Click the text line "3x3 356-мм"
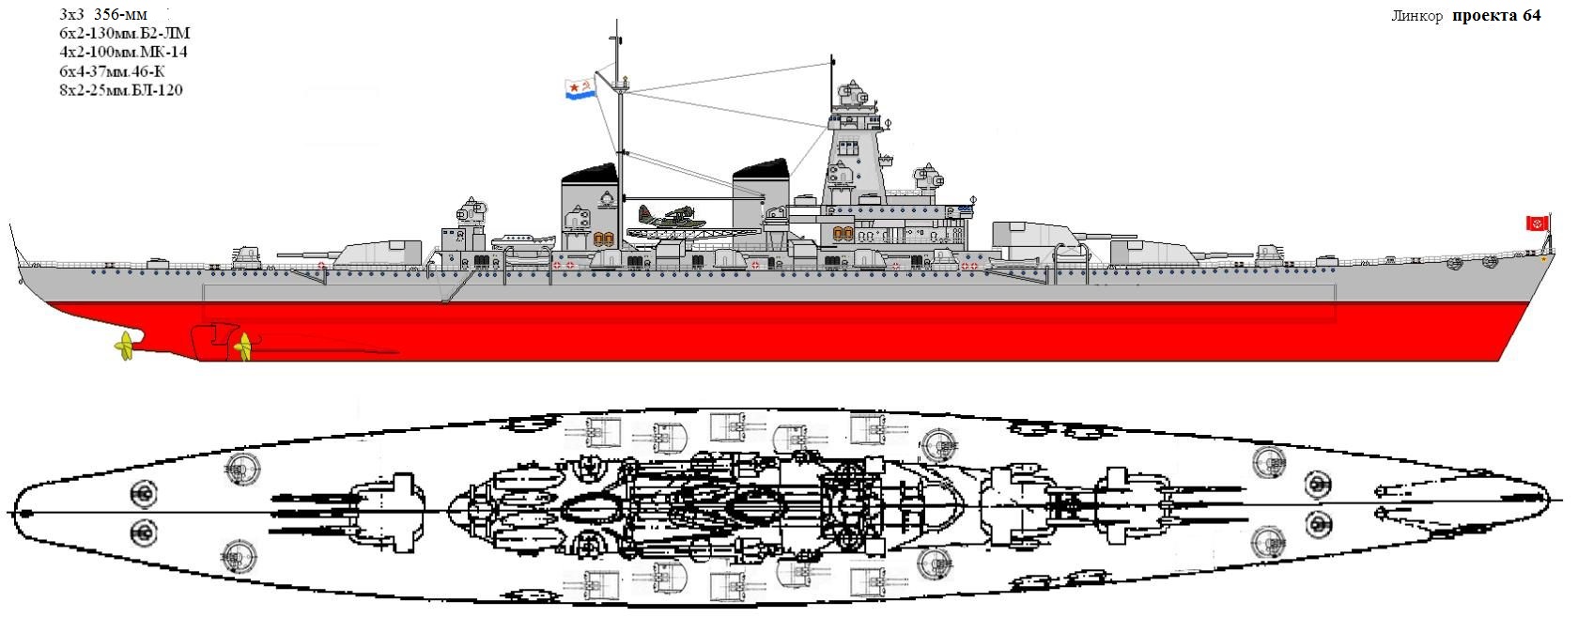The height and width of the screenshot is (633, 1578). (x=103, y=15)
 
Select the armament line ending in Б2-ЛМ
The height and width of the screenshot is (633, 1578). (x=125, y=33)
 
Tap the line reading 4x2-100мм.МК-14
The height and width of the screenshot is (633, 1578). (x=123, y=52)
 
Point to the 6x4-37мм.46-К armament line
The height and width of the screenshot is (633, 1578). (x=113, y=71)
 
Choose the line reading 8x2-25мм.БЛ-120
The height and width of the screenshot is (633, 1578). (x=121, y=90)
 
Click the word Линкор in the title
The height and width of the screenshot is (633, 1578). (x=1416, y=16)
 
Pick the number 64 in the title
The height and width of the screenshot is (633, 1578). (x=1531, y=15)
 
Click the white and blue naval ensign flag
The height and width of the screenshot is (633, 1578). (x=581, y=88)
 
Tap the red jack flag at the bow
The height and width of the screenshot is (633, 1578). (x=1537, y=224)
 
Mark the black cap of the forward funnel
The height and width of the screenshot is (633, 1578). (x=760, y=168)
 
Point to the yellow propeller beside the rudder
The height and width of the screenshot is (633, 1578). (x=244, y=346)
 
